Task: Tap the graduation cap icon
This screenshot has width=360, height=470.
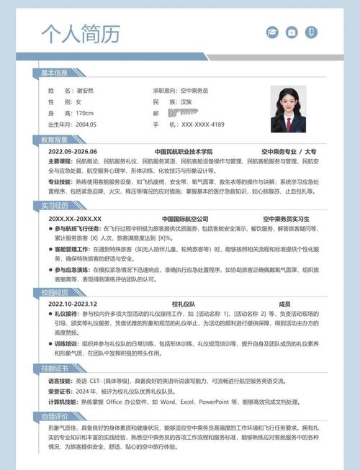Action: click(x=272, y=32)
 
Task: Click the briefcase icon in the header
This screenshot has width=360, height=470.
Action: click(x=291, y=32)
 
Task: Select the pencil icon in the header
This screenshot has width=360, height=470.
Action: click(x=310, y=32)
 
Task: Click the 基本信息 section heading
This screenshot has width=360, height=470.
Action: click(x=54, y=73)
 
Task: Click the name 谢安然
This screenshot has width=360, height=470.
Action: click(x=85, y=91)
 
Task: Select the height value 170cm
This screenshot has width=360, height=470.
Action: click(x=84, y=114)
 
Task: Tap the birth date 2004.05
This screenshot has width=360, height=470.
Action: click(x=86, y=125)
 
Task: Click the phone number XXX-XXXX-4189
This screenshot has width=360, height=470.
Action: click(x=203, y=125)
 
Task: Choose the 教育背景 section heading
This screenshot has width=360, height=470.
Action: click(x=54, y=140)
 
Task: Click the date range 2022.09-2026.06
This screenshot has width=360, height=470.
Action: click(x=73, y=152)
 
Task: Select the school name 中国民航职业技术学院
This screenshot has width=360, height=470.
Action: click(x=184, y=152)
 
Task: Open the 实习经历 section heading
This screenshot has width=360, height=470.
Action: click(x=54, y=206)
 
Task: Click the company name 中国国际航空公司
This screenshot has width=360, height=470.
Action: click(x=184, y=218)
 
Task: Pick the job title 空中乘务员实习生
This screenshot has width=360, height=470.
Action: click(x=286, y=218)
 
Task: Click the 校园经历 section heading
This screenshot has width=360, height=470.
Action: click(x=54, y=292)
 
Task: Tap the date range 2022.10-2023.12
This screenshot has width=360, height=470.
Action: click(x=73, y=304)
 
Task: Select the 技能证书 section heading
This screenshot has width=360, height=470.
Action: click(x=54, y=369)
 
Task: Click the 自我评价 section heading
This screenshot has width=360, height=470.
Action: click(x=54, y=416)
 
